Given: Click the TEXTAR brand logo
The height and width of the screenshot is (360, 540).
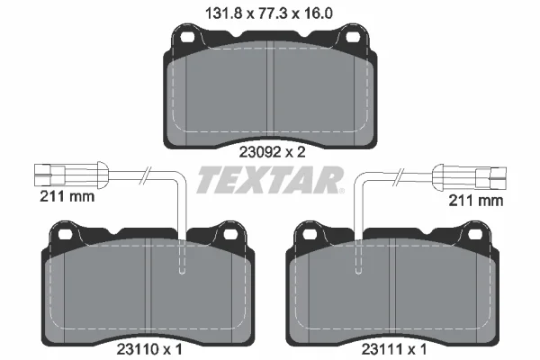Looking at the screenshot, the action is pos(270,180).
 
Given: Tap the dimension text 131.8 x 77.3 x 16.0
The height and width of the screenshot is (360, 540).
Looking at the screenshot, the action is pos(269,13).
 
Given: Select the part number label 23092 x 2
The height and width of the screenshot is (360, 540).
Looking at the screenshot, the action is pos(273,152).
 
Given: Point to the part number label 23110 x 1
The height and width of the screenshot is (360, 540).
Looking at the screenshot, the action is pos(149,350).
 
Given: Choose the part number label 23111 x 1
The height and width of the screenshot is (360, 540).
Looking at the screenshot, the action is pos(394,350).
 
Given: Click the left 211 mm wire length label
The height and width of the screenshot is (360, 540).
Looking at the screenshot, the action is pos(67,197).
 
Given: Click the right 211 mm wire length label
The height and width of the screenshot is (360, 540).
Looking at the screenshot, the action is pos(476,201).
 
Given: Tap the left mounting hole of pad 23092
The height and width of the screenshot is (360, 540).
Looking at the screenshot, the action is pos(187,37).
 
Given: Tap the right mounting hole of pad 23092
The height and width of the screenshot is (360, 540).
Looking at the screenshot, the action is pos(352,37).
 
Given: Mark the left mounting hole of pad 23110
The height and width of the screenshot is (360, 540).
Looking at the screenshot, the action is pos(65,235).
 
